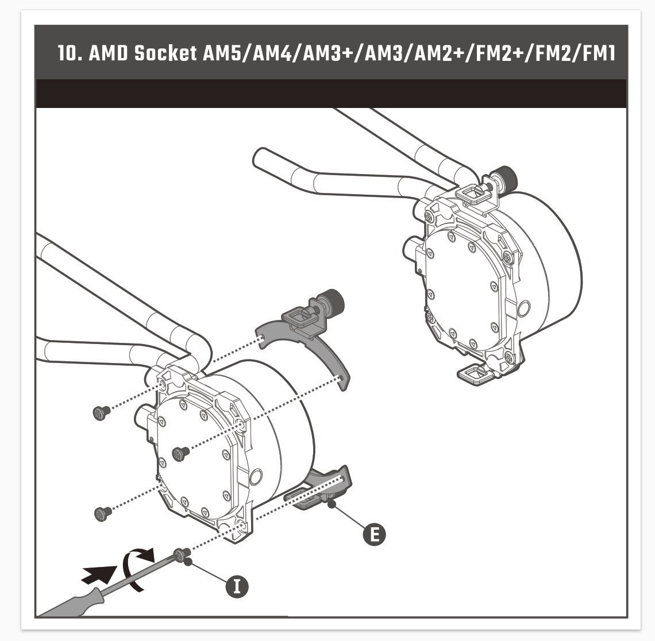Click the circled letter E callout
tap(374, 534)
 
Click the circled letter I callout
tap(237, 586)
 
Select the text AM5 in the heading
tap(221, 53)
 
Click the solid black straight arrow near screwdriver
tap(99, 574)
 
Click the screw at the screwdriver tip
tap(182, 555)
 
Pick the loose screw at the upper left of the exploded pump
tap(102, 412)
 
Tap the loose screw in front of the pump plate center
tap(180, 453)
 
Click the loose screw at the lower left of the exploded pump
tap(103, 513)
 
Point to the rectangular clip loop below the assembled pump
tap(475, 373)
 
